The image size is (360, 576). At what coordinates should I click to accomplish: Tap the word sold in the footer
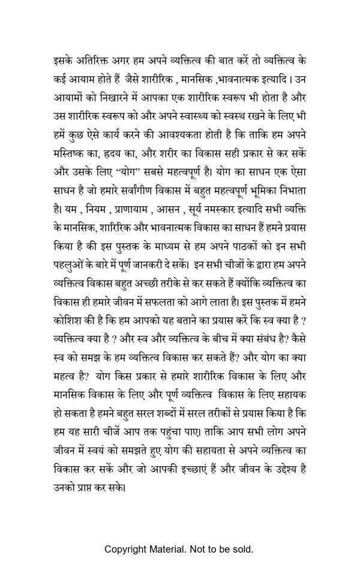pyautogui.click(x=242, y=549)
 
